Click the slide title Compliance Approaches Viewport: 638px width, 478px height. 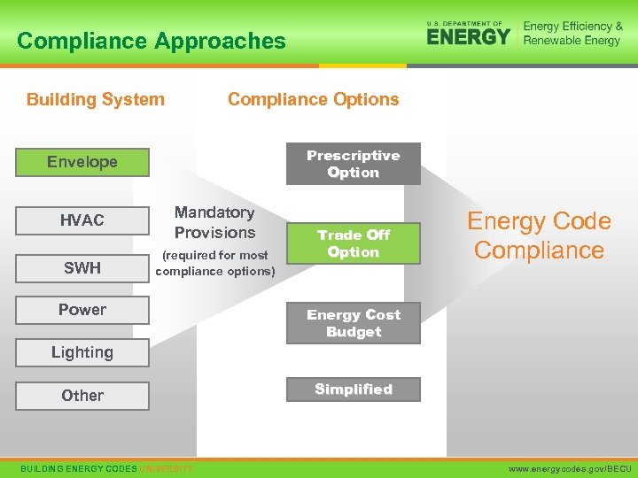pos(152,41)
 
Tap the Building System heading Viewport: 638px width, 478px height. pos(96,99)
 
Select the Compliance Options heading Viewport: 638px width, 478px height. pos(314,99)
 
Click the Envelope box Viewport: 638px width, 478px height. pos(82,162)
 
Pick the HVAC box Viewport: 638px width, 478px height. pos(82,220)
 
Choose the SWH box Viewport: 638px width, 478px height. pos(82,267)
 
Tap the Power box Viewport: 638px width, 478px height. pos(82,310)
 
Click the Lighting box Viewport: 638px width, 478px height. pos(82,352)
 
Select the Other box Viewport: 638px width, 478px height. pos(82,396)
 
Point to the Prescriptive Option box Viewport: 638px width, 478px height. pos(353,164)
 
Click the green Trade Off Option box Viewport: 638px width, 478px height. pos(353,243)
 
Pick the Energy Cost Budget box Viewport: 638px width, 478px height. pos(353,323)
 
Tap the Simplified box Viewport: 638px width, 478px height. pos(353,389)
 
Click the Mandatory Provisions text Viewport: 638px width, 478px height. pos(214,222)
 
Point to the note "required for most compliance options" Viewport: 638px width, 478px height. pos(215,263)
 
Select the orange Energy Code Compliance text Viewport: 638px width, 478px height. pos(539,235)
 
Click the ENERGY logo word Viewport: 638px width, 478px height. pos(468,36)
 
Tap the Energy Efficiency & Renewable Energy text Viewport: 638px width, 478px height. pos(572,34)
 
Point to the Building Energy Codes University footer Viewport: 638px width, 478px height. pos(106,467)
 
